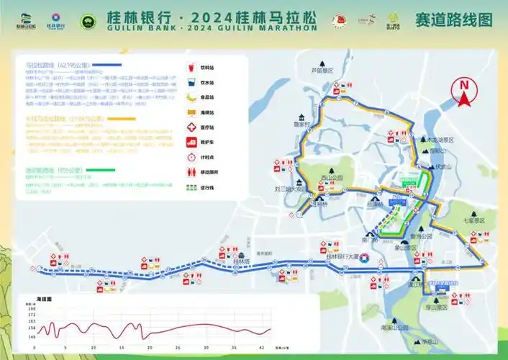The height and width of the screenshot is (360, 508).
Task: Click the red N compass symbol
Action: click(x=464, y=90)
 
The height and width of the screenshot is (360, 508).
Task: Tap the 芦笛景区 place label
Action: click(x=325, y=71)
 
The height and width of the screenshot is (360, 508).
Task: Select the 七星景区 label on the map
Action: click(x=474, y=220)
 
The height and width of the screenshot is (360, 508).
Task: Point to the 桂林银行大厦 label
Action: click(x=342, y=257)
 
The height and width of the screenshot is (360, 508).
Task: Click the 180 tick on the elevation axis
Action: click(x=30, y=307)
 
